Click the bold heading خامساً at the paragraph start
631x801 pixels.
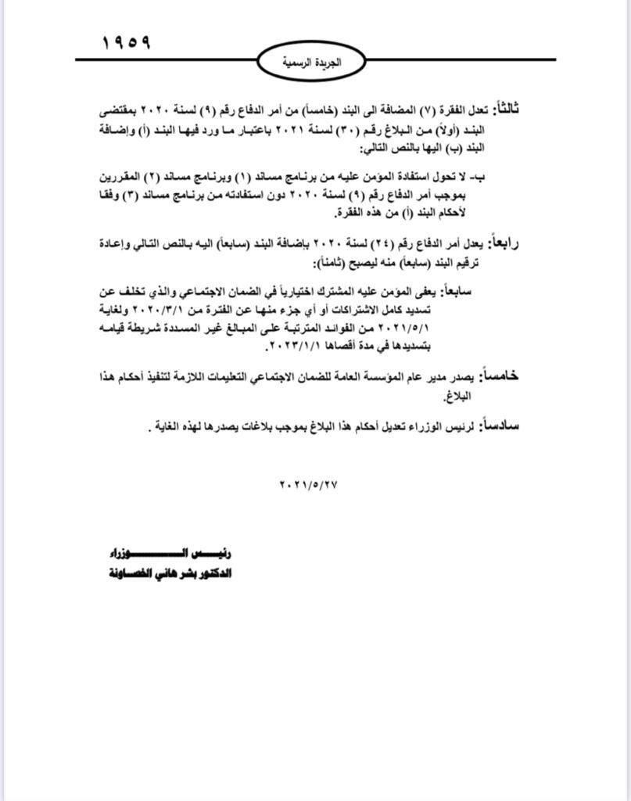pos(500,376)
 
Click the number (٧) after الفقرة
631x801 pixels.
pos(427,111)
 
